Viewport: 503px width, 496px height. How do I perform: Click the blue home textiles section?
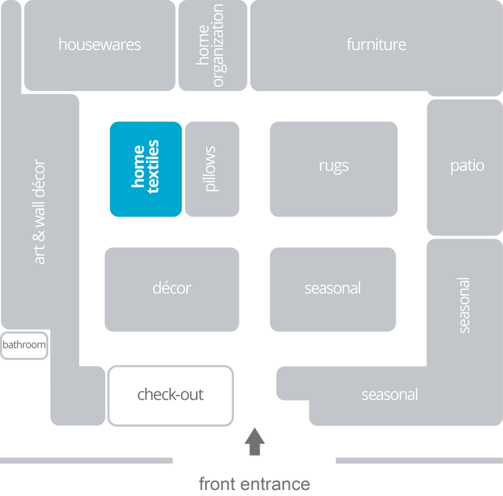pyautogui.click(x=146, y=168)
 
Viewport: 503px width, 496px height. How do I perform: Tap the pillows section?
pyautogui.click(x=212, y=168)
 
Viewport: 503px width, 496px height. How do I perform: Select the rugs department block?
pyautogui.click(x=333, y=168)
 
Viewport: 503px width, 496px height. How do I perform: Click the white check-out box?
pyautogui.click(x=170, y=395)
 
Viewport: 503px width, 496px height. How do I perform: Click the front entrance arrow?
pyautogui.click(x=254, y=442)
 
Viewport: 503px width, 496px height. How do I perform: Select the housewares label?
pyautogui.click(x=99, y=45)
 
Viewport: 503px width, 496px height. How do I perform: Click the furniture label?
pyautogui.click(x=376, y=45)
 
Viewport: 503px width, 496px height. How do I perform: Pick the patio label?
pyautogui.click(x=467, y=166)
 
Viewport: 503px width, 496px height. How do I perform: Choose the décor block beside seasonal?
pyautogui.click(x=172, y=289)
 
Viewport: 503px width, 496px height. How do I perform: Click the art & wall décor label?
pyautogui.click(x=40, y=212)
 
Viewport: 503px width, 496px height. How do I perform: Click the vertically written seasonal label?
pyautogui.click(x=464, y=305)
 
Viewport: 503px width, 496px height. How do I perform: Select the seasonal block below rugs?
pyautogui.click(x=333, y=289)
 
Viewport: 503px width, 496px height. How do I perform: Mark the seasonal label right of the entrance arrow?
pyautogui.click(x=390, y=395)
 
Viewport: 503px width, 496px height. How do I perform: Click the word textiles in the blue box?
pyautogui.click(x=154, y=167)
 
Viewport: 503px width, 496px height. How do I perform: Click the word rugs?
pyautogui.click(x=333, y=166)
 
